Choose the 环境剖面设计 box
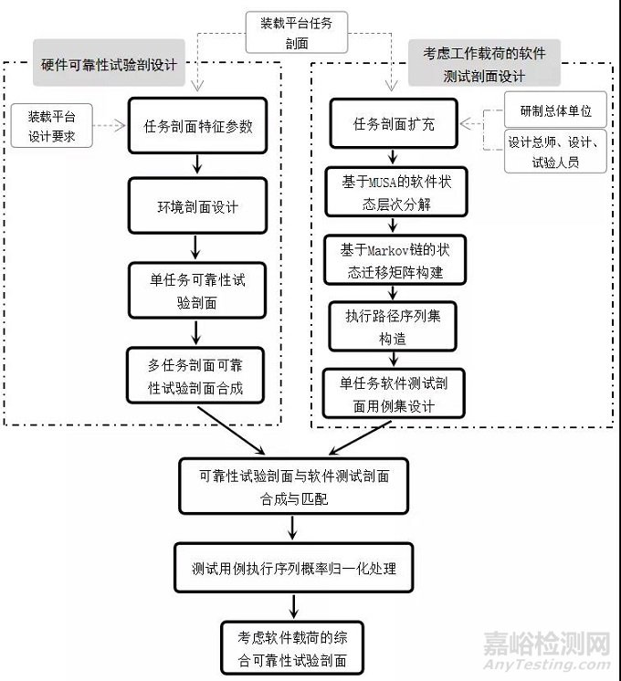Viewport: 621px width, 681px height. click(x=197, y=207)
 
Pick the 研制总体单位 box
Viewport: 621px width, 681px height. click(x=555, y=111)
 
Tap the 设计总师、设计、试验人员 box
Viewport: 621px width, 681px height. click(x=555, y=152)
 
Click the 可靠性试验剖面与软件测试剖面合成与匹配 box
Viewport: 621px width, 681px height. click(x=292, y=487)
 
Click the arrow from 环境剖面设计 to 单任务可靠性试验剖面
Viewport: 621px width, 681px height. click(x=196, y=246)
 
